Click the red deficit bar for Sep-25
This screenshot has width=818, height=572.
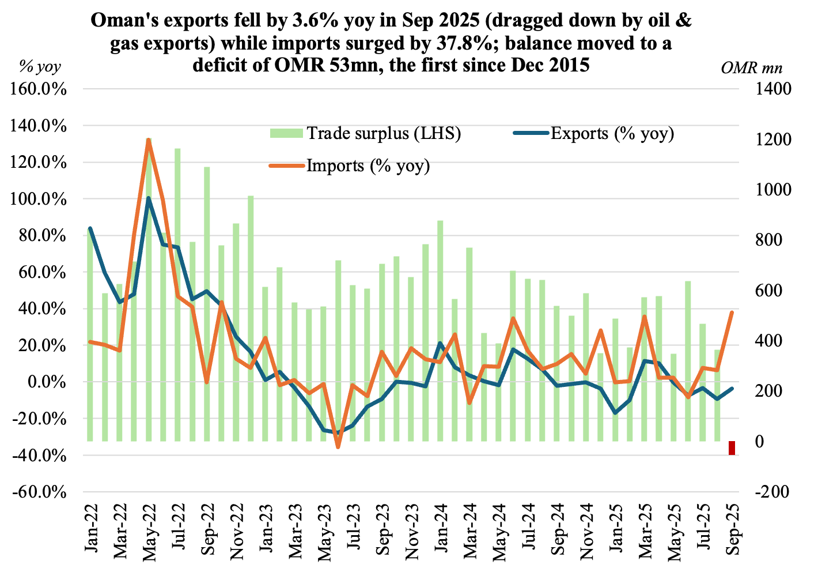(x=732, y=448)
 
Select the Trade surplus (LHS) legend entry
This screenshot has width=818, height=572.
(x=366, y=134)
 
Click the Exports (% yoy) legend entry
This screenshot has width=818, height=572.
(x=593, y=134)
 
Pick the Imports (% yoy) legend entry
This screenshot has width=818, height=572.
(x=350, y=166)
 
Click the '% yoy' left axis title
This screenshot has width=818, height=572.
(x=40, y=67)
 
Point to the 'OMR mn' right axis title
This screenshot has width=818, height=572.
(x=751, y=67)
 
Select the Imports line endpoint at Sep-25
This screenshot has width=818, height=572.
(x=732, y=313)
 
